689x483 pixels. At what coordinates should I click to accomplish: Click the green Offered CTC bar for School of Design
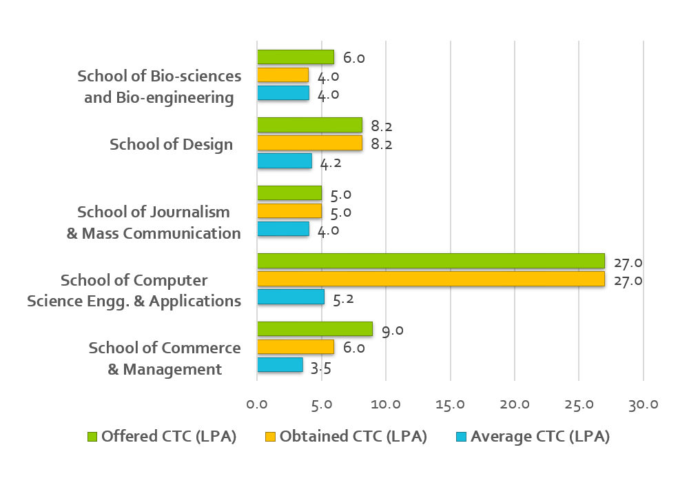[309, 125]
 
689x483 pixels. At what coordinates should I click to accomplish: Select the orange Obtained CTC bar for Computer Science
[431, 279]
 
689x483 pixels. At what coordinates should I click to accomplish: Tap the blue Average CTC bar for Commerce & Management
[280, 364]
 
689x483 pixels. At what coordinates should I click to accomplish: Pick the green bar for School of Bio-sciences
[295, 57]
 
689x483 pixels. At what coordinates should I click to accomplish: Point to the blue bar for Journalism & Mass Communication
[282, 228]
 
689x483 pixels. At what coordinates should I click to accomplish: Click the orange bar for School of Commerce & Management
[295, 346]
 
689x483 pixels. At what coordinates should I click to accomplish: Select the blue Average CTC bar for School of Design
[284, 161]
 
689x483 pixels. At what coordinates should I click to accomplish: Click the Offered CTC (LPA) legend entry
[169, 436]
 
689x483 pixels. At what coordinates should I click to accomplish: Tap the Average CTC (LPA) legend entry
[540, 436]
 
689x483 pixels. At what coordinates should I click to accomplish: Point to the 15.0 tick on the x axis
[450, 404]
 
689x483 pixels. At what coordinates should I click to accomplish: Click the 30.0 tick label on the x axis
[643, 404]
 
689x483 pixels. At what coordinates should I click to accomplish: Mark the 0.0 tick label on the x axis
[257, 404]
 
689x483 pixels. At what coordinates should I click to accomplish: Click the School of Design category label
[171, 144]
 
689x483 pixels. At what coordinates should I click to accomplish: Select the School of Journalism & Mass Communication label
[154, 222]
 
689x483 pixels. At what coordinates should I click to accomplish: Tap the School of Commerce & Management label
[165, 358]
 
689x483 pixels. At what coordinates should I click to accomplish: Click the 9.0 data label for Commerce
[392, 331]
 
